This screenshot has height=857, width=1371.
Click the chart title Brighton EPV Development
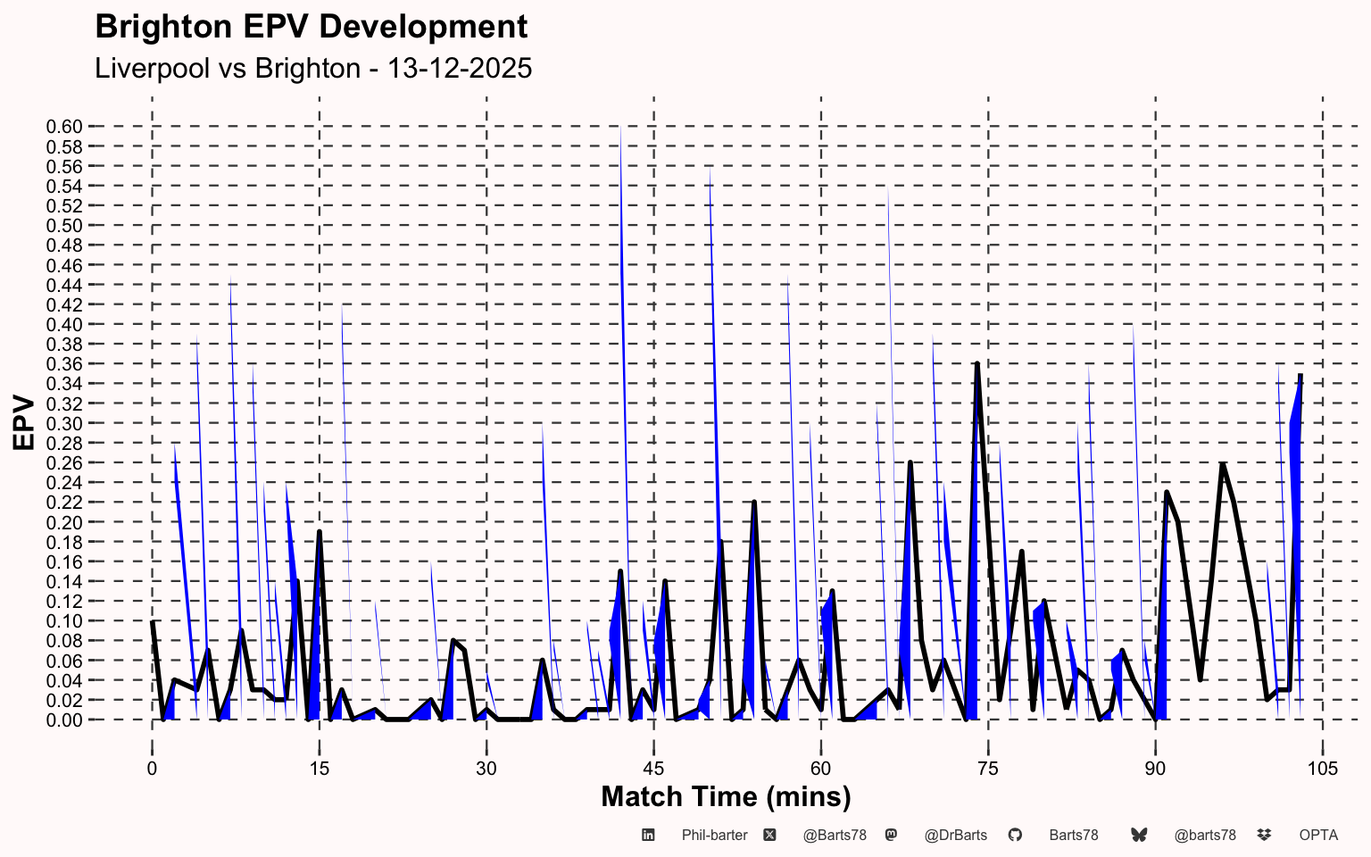[x=311, y=28]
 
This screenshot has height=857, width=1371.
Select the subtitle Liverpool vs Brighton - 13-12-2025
[x=313, y=68]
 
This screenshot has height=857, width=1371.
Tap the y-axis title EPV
[x=24, y=423]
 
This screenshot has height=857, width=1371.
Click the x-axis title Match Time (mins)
[x=726, y=797]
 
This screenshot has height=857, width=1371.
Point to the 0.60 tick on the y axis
[x=64, y=127]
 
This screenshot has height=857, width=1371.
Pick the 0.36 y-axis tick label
[x=64, y=364]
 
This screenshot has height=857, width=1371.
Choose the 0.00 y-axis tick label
[x=64, y=720]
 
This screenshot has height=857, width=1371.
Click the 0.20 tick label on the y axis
[x=64, y=523]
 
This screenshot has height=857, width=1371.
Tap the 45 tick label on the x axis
[x=653, y=769]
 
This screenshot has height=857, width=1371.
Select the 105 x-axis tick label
[x=1323, y=769]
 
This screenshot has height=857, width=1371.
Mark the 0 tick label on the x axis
[x=152, y=769]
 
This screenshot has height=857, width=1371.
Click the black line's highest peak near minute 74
[x=977, y=364]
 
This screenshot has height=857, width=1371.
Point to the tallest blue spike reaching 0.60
[x=620, y=128]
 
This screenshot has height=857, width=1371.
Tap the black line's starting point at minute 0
[x=153, y=621]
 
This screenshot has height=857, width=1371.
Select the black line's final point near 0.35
[x=1300, y=375]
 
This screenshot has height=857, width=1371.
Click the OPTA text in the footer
[x=1318, y=836]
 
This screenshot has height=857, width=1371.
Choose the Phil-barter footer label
[x=714, y=836]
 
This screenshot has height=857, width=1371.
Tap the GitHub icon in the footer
[x=1015, y=835]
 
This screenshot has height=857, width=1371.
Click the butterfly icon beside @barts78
[x=1139, y=835]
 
